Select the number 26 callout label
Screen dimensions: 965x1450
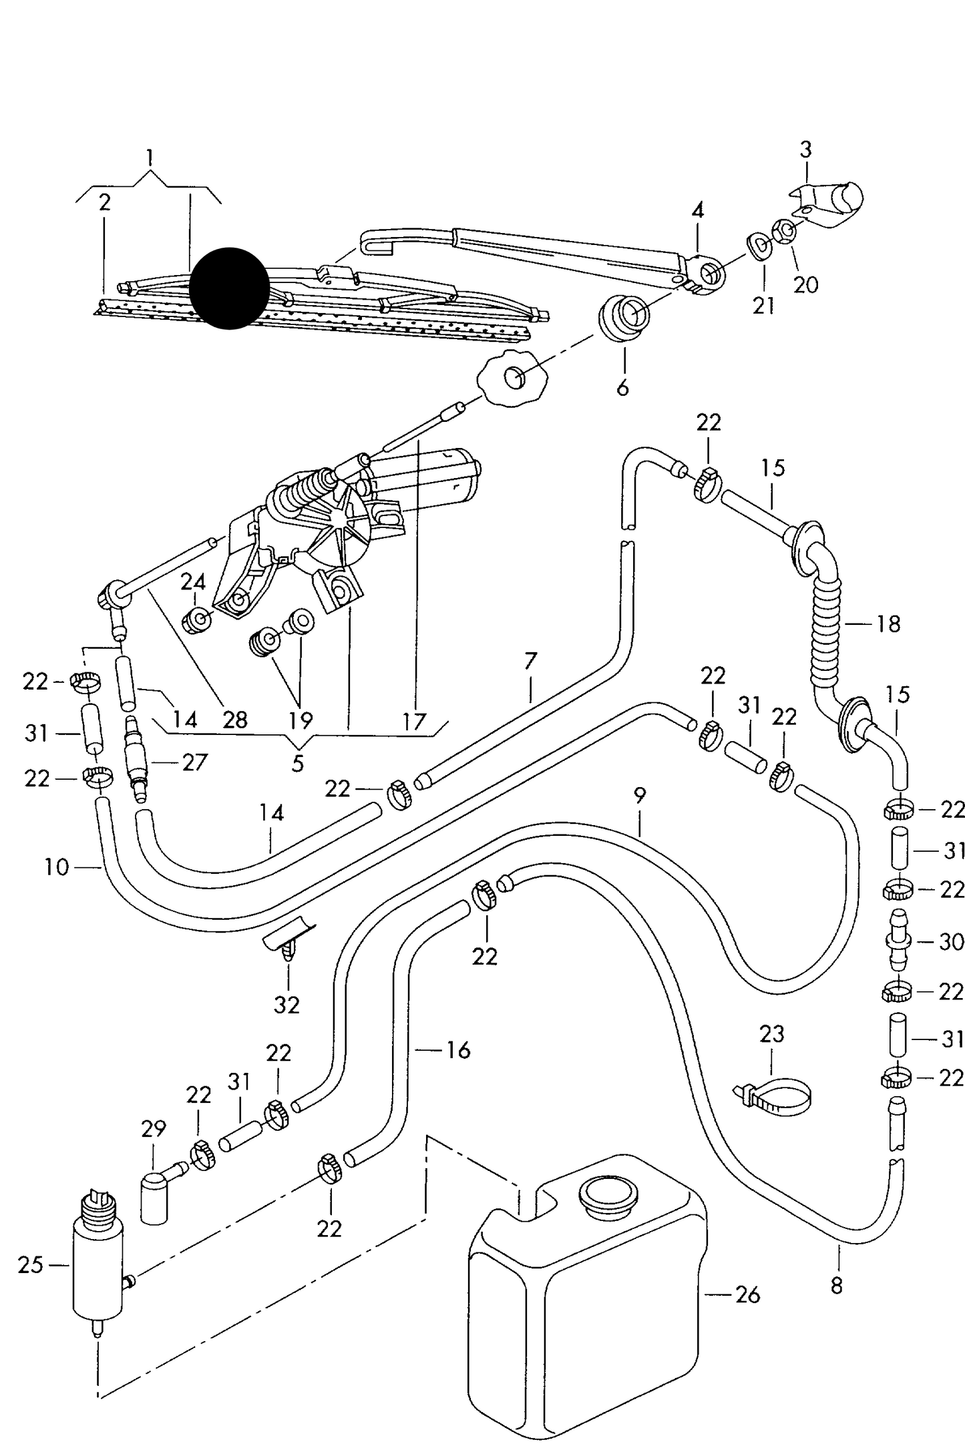pyautogui.click(x=747, y=1295)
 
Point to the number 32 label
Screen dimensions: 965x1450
pyautogui.click(x=286, y=1005)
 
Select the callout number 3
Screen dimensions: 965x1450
pyautogui.click(x=805, y=150)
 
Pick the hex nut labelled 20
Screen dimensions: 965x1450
pyautogui.click(x=785, y=232)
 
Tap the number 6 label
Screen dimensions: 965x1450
pyautogui.click(x=622, y=387)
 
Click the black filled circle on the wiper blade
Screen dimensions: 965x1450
pyautogui.click(x=229, y=288)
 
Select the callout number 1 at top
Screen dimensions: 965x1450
pyautogui.click(x=150, y=158)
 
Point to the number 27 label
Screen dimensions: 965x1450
pyautogui.click(x=194, y=762)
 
